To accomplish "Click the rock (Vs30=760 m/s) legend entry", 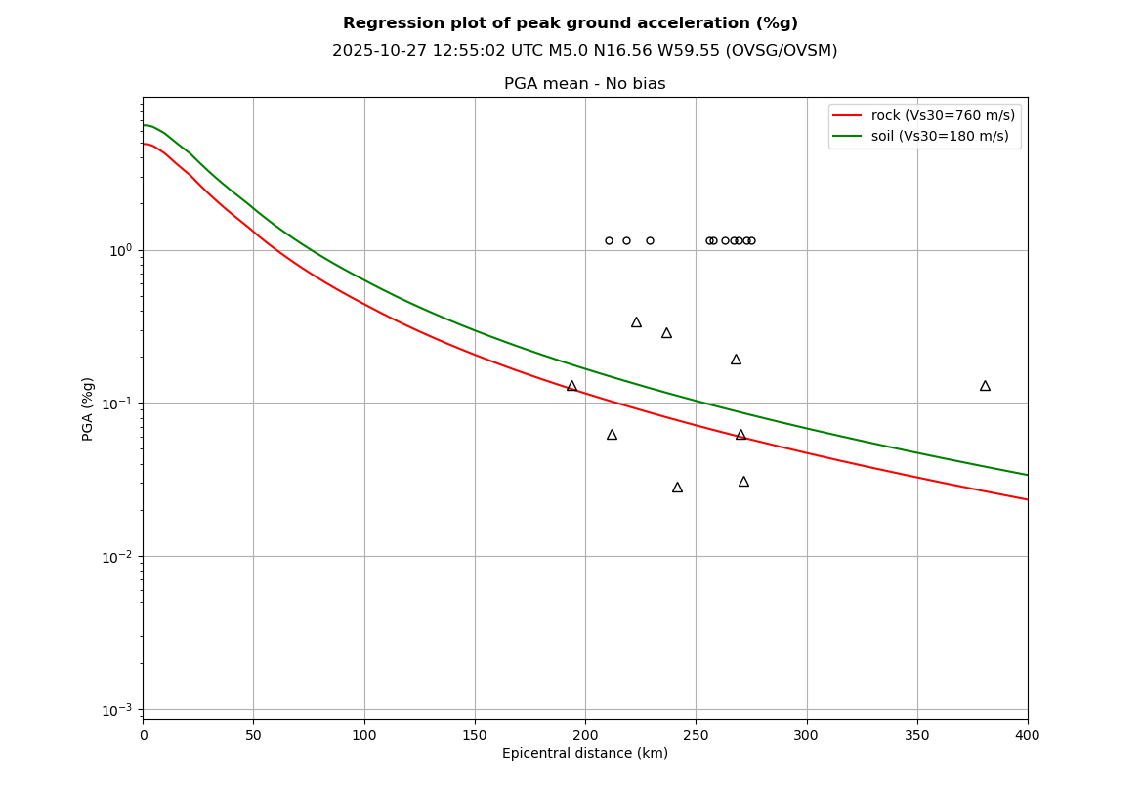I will coord(943,115).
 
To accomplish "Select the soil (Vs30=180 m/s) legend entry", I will coord(940,136).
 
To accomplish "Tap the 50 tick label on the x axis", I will coord(253,735).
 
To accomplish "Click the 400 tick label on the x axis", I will coord(1028,735).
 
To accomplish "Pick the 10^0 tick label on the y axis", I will coord(120,250).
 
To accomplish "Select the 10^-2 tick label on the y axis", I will coord(119,557).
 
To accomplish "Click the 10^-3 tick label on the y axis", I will coord(119,710).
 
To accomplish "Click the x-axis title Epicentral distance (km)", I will coord(584,754).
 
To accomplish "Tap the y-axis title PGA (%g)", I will coord(89,408).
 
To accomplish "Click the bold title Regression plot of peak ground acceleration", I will coord(570,23).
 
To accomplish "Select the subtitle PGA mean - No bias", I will coord(584,84).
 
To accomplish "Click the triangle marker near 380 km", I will coord(985,386).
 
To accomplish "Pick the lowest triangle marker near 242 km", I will coord(677,487).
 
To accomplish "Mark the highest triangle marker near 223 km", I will coord(636,322).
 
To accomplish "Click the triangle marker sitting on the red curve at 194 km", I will coord(571,386).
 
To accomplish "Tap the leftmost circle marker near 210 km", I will coord(609,240).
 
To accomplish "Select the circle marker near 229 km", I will coord(650,240).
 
